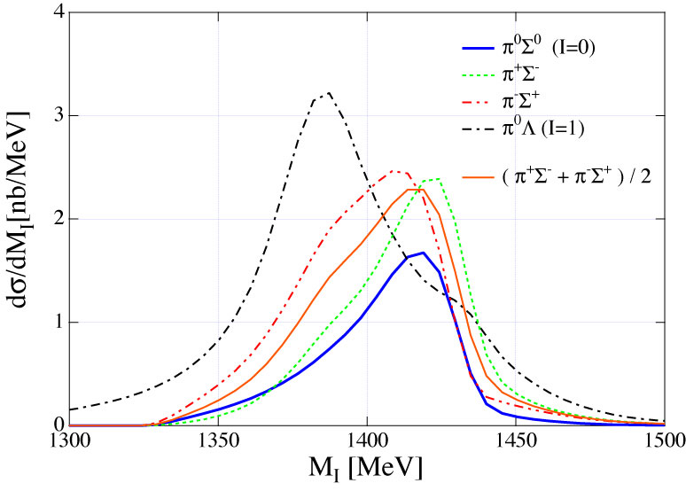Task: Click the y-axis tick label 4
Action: point(56,13)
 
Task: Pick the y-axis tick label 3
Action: point(56,116)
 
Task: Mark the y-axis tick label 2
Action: point(56,219)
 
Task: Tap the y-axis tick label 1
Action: point(56,323)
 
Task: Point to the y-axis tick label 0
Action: point(56,425)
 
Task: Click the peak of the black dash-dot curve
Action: point(328,93)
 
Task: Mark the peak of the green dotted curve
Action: point(438,178)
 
